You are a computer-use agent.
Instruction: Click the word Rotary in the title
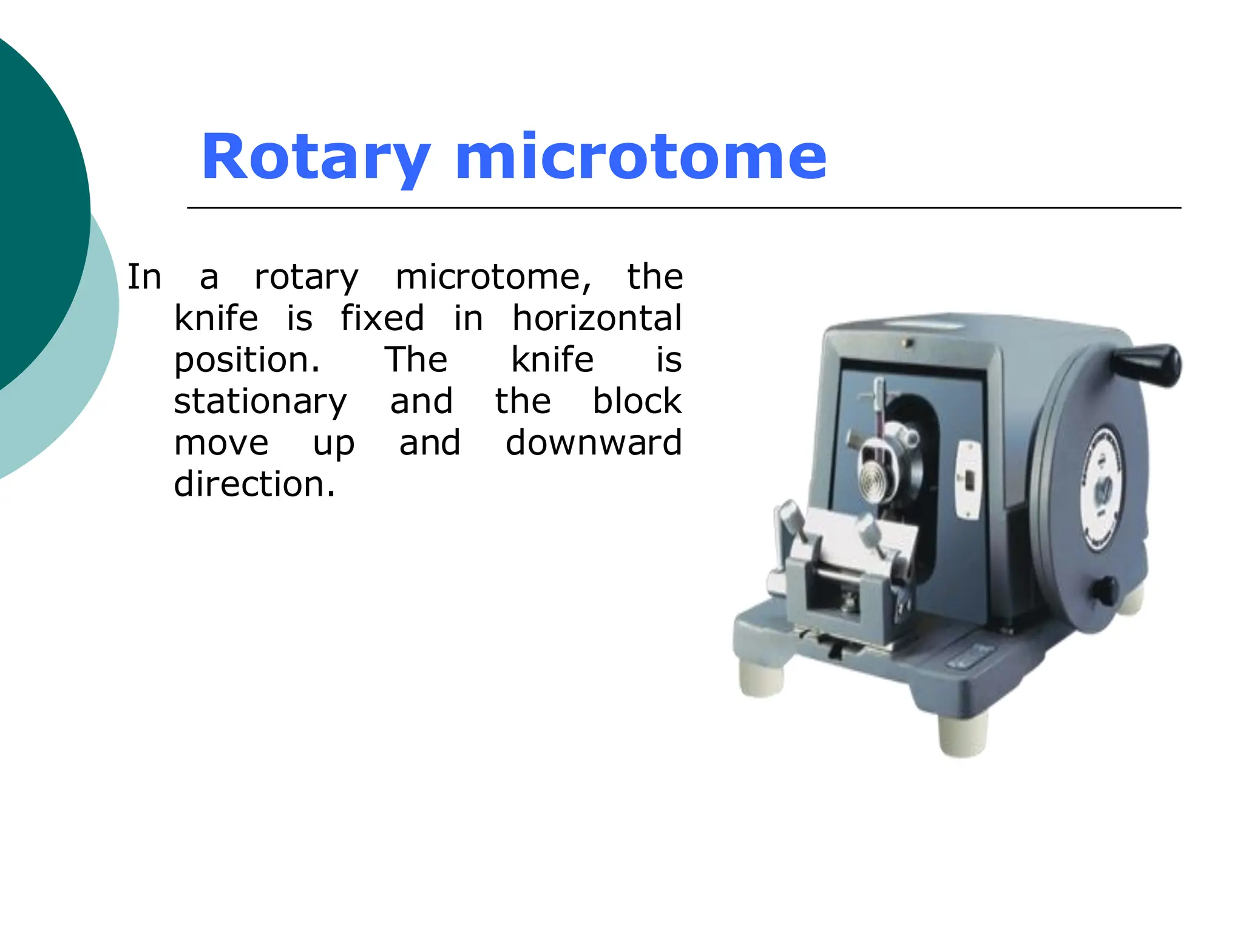click(316, 158)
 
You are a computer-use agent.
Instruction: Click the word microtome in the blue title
click(641, 158)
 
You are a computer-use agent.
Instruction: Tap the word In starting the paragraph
click(144, 277)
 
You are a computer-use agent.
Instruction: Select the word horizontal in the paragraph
click(597, 319)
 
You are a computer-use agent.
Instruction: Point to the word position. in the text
click(246, 360)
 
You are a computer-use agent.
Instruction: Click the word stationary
click(260, 402)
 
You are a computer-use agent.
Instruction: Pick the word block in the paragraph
click(637, 401)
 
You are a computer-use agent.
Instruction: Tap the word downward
click(594, 442)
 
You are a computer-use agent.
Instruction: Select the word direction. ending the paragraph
click(254, 484)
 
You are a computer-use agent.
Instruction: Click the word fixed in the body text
click(382, 319)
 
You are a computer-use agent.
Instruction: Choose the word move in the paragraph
click(221, 443)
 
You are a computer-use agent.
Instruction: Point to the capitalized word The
click(416, 360)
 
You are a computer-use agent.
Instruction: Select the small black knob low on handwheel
click(1104, 590)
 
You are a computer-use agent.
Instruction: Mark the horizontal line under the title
click(684, 208)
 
